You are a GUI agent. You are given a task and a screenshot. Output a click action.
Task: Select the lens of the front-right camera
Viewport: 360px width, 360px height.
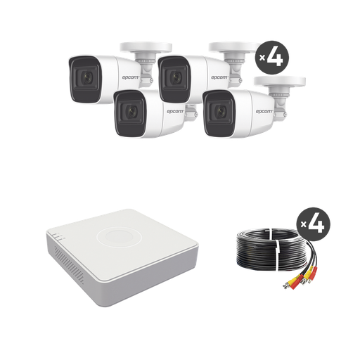(218, 113)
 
